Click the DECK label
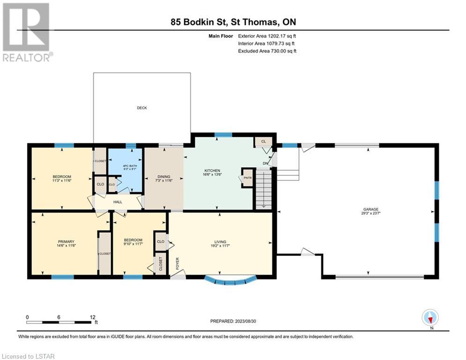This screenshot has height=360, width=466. click(142, 108)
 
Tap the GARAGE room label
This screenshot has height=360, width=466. click(370, 210)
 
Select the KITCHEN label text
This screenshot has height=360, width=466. click(212, 171)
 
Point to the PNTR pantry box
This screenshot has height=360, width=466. click(247, 178)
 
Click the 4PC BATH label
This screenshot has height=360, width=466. click(130, 166)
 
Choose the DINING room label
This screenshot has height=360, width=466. click(164, 177)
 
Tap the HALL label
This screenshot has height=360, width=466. click(118, 202)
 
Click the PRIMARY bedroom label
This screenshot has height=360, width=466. click(66, 242)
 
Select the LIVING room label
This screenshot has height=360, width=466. click(220, 242)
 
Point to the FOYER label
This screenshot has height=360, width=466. click(178, 263)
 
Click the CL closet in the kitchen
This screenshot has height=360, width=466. click(263, 142)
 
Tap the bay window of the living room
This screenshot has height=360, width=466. click(230, 281)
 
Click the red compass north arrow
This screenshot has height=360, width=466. click(430, 320)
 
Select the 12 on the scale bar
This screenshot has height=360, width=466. click(93, 317)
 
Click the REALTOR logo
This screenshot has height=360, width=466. click(26, 32)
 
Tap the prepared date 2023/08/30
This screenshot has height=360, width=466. click(245, 321)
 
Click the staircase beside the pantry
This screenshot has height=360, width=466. click(264, 189)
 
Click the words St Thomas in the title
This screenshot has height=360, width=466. click(254, 22)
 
